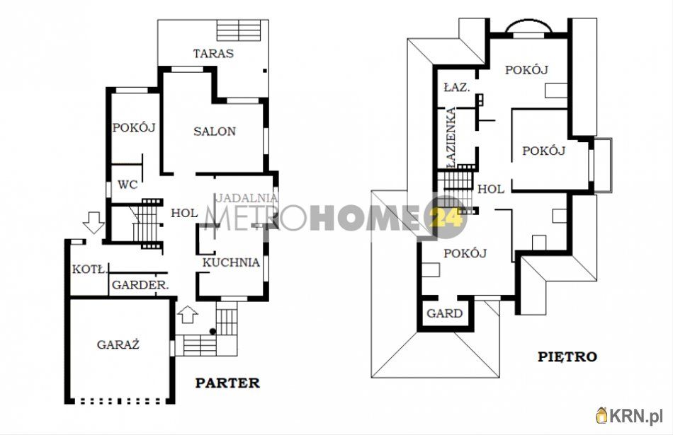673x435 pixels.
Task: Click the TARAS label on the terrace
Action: click(213, 54)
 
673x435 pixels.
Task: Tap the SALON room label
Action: click(215, 131)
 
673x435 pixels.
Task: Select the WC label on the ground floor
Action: click(128, 185)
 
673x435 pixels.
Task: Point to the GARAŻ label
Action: click(118, 344)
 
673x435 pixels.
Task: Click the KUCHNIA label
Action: click(231, 262)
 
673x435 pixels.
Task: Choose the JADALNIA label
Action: click(247, 198)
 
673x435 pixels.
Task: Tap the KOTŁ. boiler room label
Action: click(89, 269)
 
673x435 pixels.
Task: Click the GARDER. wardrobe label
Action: click(140, 285)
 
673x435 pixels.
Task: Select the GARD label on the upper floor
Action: click(445, 314)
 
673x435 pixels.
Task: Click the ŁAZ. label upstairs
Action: click(457, 88)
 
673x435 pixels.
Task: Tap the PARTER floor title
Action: click(227, 383)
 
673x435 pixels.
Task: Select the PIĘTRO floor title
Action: click(567, 356)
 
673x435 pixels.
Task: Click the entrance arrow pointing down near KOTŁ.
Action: click(93, 222)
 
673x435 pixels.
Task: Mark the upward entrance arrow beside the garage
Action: click(188, 314)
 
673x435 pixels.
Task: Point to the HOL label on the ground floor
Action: click(185, 213)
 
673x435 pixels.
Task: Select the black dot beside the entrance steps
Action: click(213, 331)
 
